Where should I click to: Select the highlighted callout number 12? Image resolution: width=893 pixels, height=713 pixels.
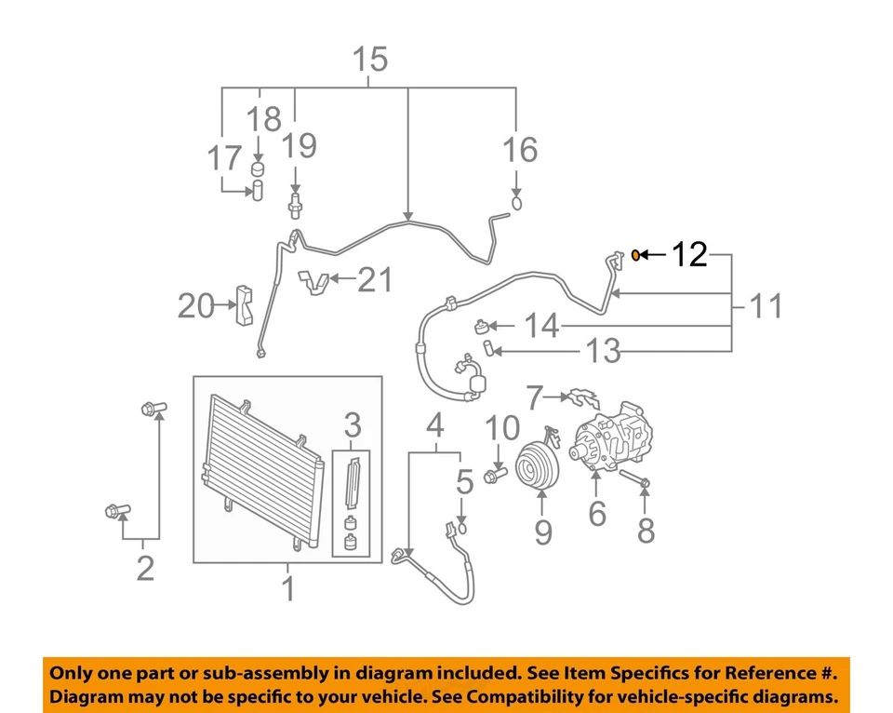coord(690,253)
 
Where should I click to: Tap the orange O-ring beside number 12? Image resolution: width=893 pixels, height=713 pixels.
coord(635,253)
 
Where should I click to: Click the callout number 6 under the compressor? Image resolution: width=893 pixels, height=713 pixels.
coord(596,512)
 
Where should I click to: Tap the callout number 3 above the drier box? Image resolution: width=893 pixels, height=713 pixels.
coord(353,426)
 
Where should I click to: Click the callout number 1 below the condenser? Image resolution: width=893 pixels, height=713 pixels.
coord(288,588)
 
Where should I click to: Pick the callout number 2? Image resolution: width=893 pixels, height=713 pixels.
coord(144,567)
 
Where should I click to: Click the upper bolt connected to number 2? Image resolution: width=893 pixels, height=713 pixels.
coord(153,407)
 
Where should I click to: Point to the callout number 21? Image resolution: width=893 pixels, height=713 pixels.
coord(376,279)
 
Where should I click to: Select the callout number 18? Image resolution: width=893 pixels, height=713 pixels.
coord(264,119)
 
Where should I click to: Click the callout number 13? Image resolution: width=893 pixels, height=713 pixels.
coord(603,351)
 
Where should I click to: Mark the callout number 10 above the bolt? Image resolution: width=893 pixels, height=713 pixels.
coord(502,428)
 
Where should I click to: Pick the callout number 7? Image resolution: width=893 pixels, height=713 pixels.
coord(533,398)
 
